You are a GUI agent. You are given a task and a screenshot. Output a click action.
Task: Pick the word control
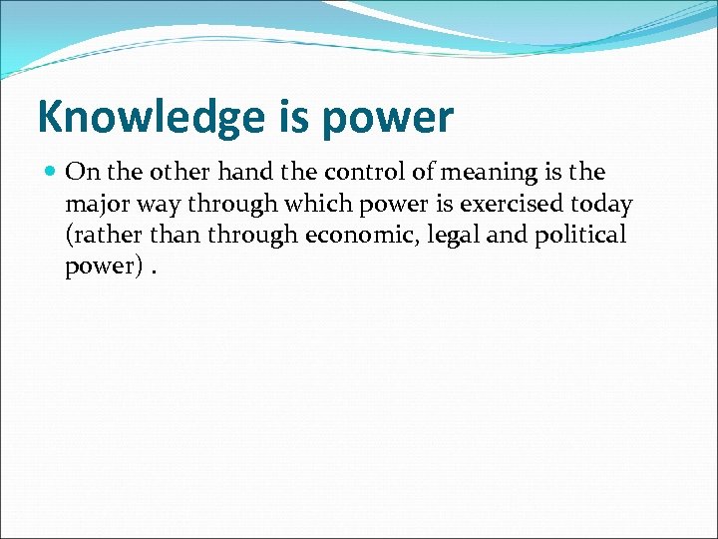pyautogui.click(x=359, y=172)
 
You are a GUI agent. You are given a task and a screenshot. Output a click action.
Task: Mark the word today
pyautogui.click(x=602, y=205)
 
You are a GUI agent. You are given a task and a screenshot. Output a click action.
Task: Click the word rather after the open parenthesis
pyautogui.click(x=101, y=236)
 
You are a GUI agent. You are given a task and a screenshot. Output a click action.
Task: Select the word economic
pyautogui.click(x=342, y=236)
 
